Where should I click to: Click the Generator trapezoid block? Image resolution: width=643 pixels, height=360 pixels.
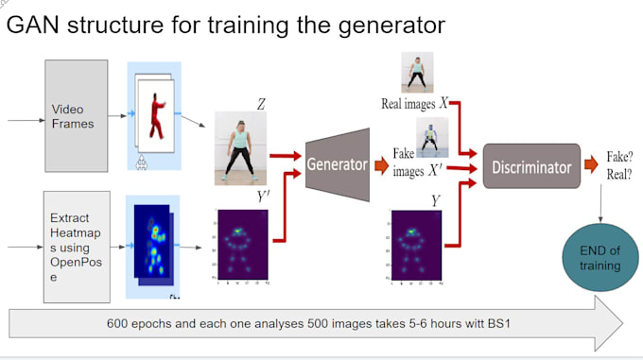(336, 164)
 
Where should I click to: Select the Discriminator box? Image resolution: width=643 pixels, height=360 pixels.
(530, 167)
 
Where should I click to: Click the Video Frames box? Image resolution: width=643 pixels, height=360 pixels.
(76, 115)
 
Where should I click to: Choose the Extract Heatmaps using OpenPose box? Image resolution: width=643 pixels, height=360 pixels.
(77, 246)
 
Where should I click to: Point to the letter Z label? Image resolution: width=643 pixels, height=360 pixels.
(261, 103)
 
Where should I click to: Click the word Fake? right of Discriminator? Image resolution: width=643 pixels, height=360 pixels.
(618, 159)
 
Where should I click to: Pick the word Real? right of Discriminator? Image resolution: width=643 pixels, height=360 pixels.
(618, 175)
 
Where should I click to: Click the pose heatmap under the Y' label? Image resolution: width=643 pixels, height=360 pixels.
(242, 248)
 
